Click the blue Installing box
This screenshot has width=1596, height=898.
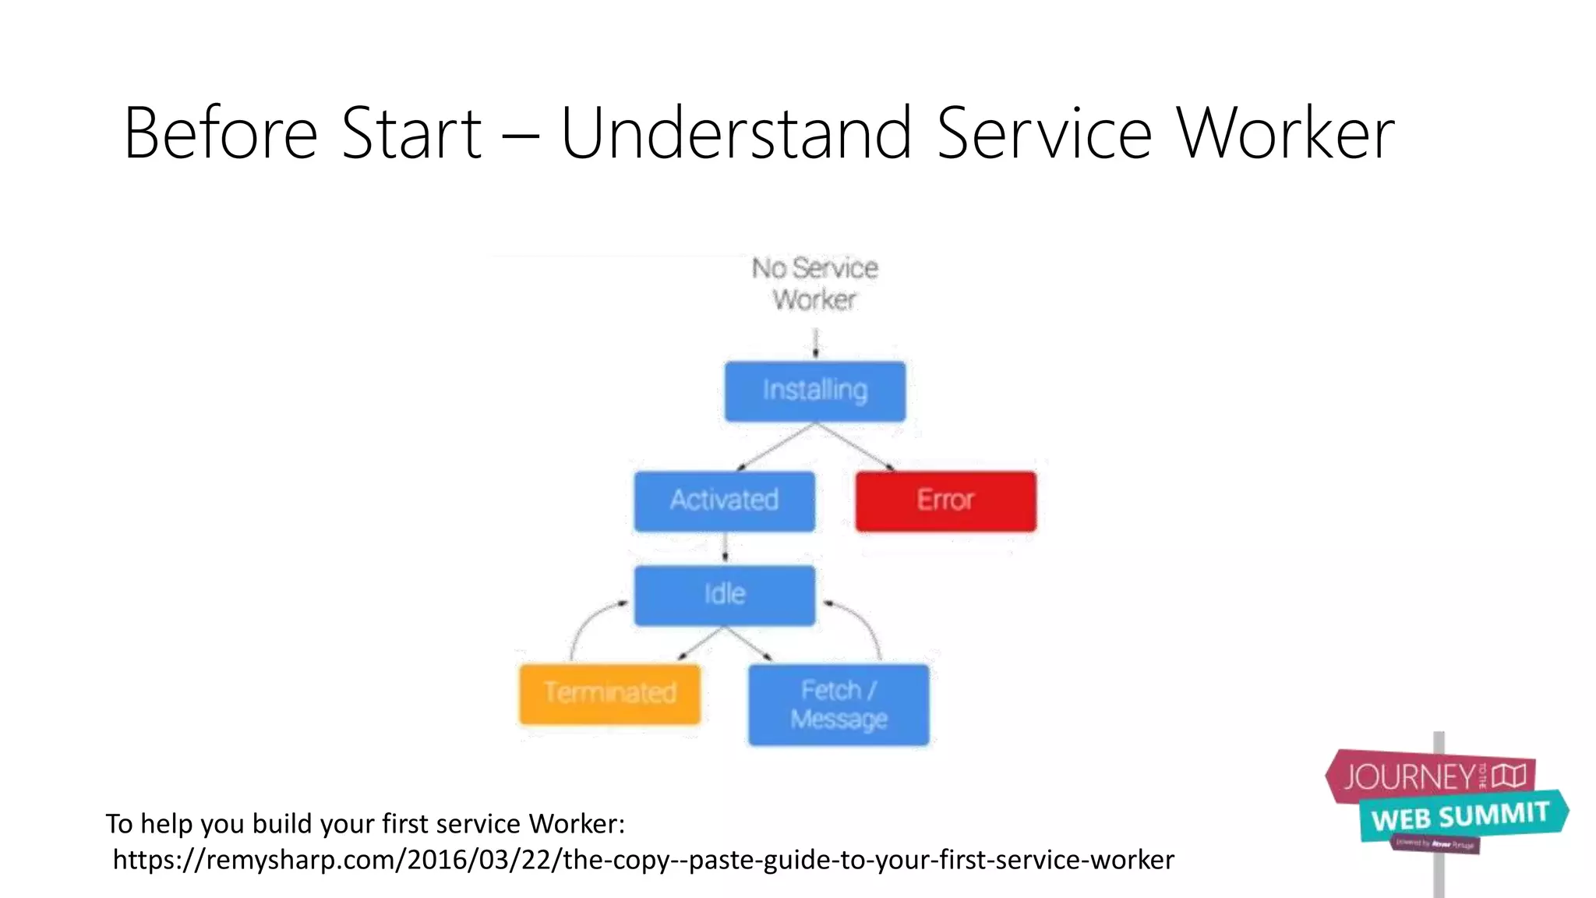coord(815,391)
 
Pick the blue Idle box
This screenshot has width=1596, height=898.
coord(724,595)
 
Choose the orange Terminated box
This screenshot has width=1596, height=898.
coord(609,693)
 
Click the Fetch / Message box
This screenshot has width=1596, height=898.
coord(839,705)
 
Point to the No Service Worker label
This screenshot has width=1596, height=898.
coord(815,284)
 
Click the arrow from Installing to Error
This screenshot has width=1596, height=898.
coord(856,447)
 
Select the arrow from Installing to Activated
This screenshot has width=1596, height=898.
coord(775,447)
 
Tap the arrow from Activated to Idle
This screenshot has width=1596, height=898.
coord(725,547)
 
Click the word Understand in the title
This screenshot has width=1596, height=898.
coord(736,134)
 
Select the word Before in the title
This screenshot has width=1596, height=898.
coord(221,134)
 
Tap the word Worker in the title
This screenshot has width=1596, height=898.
coord(1285,134)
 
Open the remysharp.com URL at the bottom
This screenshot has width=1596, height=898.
coord(643,860)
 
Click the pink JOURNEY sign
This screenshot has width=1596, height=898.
coord(1430,776)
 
